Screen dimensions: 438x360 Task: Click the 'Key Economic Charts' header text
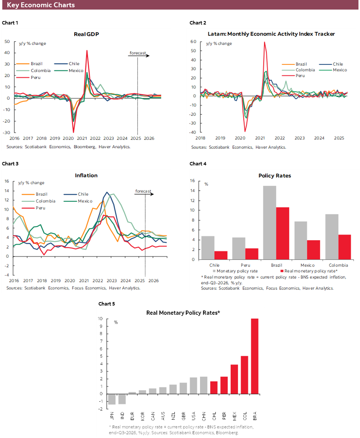click(41, 5)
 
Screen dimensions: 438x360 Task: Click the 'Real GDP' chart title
click(87, 34)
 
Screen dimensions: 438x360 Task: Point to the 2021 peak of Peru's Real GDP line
click(87, 51)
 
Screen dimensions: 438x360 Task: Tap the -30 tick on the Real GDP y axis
click(7, 132)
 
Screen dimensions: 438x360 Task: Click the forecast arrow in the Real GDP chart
click(139, 56)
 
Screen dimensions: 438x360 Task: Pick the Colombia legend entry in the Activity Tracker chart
click(305, 70)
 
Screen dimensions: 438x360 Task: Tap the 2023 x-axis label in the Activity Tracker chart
click(299, 138)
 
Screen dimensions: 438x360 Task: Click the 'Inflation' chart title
click(86, 175)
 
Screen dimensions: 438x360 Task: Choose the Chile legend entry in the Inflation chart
click(83, 194)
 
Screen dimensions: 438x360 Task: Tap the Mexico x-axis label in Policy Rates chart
click(308, 265)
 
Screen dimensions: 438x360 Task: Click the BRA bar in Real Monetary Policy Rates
click(254, 356)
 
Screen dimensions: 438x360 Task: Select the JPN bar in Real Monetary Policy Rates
click(112, 399)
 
